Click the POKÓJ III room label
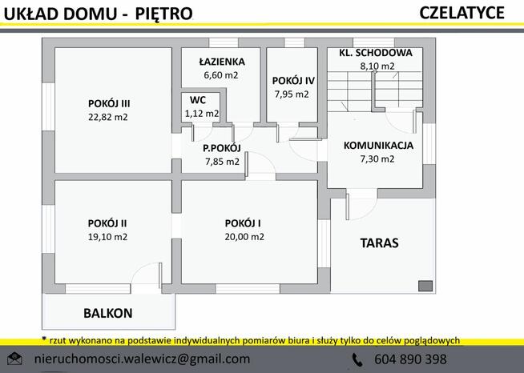pyautogui.click(x=109, y=102)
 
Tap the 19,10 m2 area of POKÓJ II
pyautogui.click(x=108, y=237)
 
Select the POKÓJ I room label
pyautogui.click(x=244, y=223)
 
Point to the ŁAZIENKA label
pyautogui.click(x=222, y=62)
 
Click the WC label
pyautogui.click(x=197, y=100)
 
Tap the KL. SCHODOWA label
pyautogui.click(x=375, y=53)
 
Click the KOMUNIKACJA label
pyautogui.click(x=377, y=146)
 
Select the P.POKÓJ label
pyautogui.click(x=221, y=147)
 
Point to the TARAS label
pyautogui.click(x=379, y=243)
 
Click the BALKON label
pyautogui.click(x=108, y=313)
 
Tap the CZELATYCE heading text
pyautogui.click(x=461, y=12)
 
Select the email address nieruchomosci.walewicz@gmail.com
pyautogui.click(x=143, y=359)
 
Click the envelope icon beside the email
pyautogui.click(x=14, y=359)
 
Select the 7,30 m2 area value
pyautogui.click(x=377, y=158)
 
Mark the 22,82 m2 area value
pyautogui.click(x=108, y=117)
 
